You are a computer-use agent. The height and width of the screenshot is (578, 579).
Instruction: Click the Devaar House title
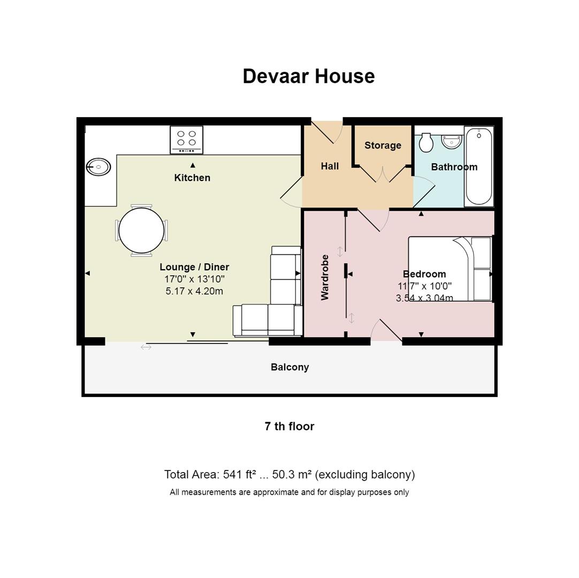308,76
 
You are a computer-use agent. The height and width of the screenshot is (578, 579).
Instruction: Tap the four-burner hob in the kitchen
186,139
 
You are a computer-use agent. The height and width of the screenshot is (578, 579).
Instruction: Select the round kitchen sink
98,167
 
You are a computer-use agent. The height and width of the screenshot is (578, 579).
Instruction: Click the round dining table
141,231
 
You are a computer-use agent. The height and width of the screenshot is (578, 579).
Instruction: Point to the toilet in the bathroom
426,142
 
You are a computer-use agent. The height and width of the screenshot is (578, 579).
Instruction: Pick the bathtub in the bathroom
479,166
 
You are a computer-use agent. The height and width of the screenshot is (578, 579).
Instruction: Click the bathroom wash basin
452,141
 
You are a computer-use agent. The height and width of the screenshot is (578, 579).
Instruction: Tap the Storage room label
383,145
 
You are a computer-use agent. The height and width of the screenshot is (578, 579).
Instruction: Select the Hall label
330,166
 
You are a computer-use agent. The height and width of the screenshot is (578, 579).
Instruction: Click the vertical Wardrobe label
325,277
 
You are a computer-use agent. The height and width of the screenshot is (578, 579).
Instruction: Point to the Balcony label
289,367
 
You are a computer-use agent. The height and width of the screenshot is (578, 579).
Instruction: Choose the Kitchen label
192,178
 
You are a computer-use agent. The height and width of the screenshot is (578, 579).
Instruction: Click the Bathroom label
454,167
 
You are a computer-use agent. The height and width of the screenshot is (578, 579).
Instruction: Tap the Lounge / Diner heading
194,267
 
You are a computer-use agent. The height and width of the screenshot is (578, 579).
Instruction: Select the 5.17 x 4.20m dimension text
194,291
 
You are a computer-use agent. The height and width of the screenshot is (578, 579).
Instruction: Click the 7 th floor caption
289,427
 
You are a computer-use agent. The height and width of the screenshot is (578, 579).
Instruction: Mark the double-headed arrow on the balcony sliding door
146,347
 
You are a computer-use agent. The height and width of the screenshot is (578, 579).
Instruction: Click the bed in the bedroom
450,268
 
